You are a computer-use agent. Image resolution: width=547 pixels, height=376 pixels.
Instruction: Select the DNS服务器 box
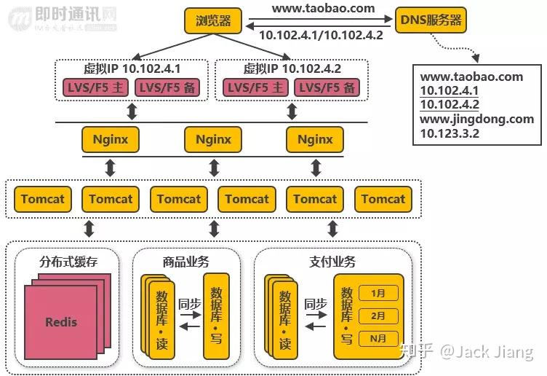tap(431, 20)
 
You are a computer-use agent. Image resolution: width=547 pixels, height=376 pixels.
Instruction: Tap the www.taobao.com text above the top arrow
tap(323, 9)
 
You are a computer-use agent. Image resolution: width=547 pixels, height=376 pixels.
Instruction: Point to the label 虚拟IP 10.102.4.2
tap(292, 69)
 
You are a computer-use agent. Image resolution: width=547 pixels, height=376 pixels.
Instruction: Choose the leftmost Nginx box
tap(111, 139)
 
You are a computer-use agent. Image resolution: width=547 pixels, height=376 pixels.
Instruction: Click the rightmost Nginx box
tap(315, 139)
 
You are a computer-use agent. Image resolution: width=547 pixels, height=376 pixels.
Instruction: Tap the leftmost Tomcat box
tap(42, 199)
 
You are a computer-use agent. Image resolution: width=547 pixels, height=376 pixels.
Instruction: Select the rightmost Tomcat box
tap(383, 199)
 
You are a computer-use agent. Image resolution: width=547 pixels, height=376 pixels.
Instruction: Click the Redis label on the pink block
tap(61, 321)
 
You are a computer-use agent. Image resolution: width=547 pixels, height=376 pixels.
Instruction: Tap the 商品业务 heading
tap(185, 262)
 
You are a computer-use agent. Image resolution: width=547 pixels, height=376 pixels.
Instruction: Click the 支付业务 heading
tap(332, 262)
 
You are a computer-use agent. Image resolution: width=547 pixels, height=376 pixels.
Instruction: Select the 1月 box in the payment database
tap(378, 294)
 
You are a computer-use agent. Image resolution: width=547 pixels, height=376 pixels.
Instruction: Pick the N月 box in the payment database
tap(378, 338)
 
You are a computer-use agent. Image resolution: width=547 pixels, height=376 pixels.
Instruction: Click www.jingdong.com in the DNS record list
tap(477, 119)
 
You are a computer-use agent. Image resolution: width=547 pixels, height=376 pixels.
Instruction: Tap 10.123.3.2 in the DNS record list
tap(450, 133)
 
